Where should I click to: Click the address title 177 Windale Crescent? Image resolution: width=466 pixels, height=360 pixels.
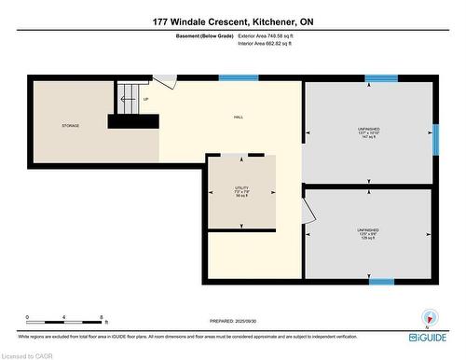232,21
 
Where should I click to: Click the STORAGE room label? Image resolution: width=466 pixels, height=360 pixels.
71,125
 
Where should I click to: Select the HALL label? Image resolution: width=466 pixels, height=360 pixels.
239,117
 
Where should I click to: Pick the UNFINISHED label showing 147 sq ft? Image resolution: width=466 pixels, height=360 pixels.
368,132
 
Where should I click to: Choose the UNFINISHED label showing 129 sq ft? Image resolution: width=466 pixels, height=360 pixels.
368,232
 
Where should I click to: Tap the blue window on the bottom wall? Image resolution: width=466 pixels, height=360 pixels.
380,280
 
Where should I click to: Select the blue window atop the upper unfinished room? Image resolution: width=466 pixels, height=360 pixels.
380,78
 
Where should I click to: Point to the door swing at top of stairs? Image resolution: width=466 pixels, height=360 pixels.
163,82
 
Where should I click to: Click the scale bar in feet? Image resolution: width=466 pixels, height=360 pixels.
63,317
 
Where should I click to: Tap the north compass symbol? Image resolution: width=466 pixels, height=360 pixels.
428,315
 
